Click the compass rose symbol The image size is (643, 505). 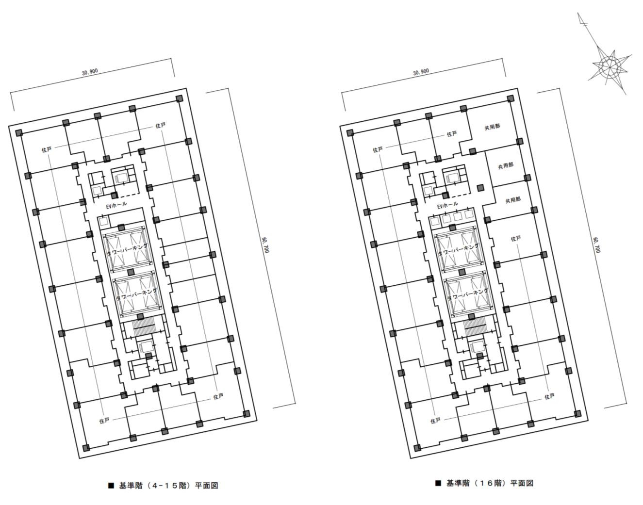coord(610,67)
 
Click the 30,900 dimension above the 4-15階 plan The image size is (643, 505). coord(90,71)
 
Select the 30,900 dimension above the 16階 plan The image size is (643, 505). coord(421,71)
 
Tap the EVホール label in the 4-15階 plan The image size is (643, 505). coord(116,205)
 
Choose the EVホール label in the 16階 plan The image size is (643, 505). coord(447,205)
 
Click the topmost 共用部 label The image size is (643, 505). coord(492,127)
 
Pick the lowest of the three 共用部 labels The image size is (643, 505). coord(513,200)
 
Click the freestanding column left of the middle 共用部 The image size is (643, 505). coord(480,187)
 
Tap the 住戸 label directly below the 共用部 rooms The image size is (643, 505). coord(516,238)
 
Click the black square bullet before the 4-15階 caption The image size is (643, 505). coord(111,486)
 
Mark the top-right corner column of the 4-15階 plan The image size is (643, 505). coord(180,98)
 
